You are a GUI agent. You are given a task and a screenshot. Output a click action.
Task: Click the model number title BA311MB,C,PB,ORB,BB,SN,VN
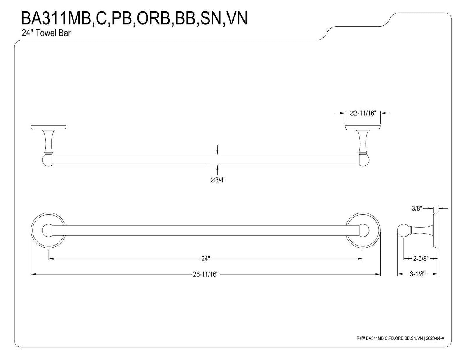pos(135,18)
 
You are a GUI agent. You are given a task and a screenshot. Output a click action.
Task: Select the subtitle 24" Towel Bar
pos(46,33)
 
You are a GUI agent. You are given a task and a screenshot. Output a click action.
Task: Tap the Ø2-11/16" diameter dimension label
pos(363,113)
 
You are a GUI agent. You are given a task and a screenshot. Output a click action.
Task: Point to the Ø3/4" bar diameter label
pos(218,180)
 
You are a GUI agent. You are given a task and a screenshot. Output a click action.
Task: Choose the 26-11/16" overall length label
pos(206,274)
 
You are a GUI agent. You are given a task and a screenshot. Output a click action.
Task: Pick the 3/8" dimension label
pos(417,209)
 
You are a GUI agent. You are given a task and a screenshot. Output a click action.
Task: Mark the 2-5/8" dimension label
pos(421,259)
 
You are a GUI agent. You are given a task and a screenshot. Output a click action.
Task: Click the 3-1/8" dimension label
pos(418,274)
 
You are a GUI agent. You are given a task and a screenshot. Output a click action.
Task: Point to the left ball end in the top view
pos(47,160)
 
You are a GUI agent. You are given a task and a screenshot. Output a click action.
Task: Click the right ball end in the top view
pos(364,160)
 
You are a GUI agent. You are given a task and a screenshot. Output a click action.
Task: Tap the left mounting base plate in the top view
pos(48,128)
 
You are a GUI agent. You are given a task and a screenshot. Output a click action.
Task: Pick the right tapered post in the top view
pos(363,142)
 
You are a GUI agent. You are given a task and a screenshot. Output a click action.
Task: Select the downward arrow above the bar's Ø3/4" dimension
pos(218,150)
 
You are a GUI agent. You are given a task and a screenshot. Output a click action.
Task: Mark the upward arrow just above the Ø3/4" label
pos(218,170)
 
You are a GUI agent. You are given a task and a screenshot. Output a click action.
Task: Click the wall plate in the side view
pos(435,230)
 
